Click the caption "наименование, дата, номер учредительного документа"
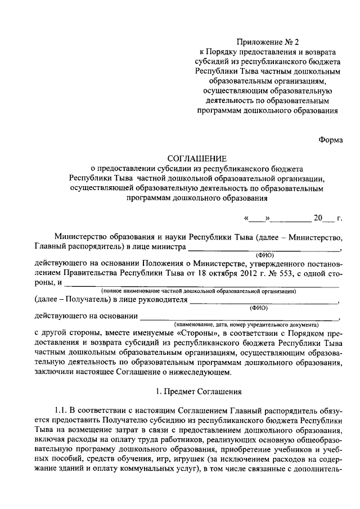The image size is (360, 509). point(246,325)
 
